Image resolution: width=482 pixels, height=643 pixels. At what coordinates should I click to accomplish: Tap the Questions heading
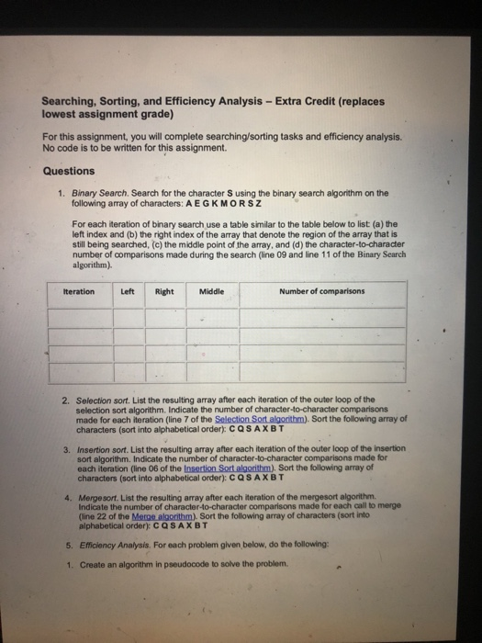68,171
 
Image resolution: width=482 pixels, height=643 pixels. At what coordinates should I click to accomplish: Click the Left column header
129,291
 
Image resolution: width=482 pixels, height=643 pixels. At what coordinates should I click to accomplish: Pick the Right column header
164,291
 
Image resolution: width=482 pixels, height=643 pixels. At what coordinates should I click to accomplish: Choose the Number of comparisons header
321,291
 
